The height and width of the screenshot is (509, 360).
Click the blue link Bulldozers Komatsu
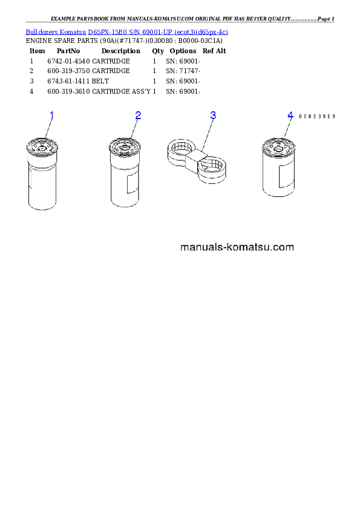(56, 32)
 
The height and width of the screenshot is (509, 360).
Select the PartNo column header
(68, 51)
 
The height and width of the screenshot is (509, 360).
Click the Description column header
(121, 51)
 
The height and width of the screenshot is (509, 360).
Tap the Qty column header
(158, 51)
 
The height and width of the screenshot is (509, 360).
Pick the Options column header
(183, 51)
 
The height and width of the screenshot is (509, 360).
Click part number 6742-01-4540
(68, 61)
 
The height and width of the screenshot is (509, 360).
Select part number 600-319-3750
(68, 71)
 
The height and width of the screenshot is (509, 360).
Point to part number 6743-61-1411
(68, 81)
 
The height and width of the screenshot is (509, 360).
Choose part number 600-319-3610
(68, 91)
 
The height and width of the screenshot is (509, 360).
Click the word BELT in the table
(100, 81)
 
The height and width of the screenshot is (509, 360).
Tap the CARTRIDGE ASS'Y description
(121, 91)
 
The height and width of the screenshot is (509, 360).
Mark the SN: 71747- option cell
(183, 71)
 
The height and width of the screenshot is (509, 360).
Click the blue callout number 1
(51, 115)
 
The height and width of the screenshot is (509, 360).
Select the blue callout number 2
(138, 115)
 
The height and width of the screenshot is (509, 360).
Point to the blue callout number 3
(213, 115)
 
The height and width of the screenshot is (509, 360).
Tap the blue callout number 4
(290, 115)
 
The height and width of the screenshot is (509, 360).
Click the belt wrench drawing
(197, 161)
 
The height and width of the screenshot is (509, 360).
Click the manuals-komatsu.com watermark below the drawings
(237, 247)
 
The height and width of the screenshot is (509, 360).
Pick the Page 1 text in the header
(326, 19)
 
